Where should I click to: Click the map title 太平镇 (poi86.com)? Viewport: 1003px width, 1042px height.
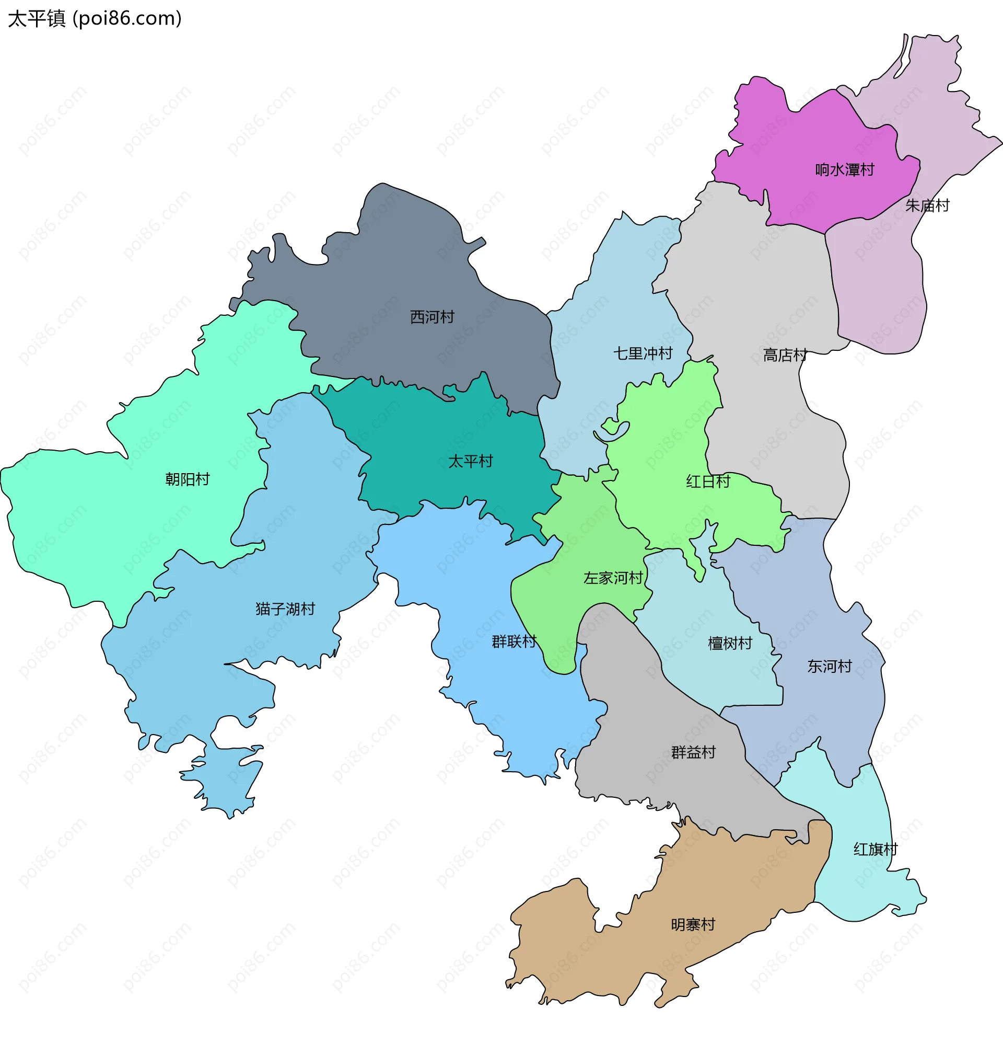95,19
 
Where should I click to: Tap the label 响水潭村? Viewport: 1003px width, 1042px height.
844,170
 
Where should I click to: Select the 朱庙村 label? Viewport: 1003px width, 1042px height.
927,206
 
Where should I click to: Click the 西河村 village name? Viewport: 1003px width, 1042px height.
432,317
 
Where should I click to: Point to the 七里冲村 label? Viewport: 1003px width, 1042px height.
643,353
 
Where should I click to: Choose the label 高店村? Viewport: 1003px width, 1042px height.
785,355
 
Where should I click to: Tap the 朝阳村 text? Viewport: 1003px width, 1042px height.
187,479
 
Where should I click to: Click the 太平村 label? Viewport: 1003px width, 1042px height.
470,462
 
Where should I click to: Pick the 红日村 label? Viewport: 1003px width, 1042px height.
708,482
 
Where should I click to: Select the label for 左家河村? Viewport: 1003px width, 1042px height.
613,578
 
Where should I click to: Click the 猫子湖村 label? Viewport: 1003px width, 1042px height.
285,609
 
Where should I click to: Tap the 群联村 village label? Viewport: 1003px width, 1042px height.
514,642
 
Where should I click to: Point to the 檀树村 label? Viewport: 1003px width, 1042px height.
730,644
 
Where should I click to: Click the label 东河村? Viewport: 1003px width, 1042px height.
829,667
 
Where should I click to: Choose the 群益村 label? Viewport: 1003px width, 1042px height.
693,752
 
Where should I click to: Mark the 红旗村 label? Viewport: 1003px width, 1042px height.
875,850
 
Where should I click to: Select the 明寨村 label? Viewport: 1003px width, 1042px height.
693,925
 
